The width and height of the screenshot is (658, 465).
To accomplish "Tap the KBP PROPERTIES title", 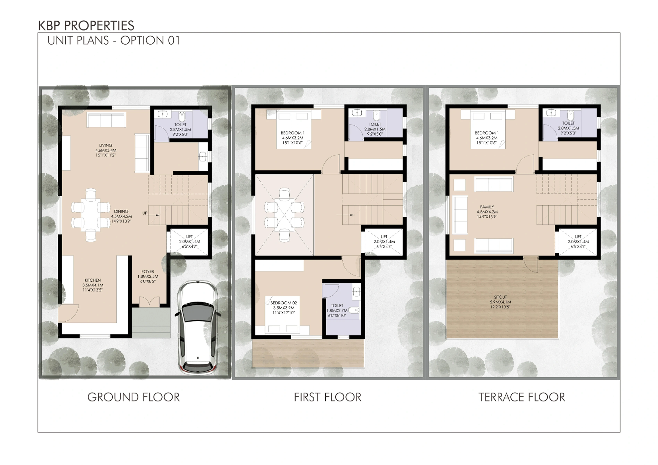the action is tap(86, 26).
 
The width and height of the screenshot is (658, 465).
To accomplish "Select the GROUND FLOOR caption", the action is tap(134, 397).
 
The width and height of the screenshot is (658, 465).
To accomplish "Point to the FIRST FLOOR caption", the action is tap(328, 397).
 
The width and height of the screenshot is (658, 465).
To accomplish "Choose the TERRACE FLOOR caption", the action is tap(522, 397).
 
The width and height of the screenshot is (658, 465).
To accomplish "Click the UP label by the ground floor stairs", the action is tap(145, 213).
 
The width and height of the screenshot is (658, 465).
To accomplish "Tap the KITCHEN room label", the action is tap(93, 280).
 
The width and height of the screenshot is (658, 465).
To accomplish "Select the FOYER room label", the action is tap(148, 272).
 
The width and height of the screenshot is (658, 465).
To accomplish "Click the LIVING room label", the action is tap(106, 145).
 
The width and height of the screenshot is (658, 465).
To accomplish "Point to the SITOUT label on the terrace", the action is tap(500, 297).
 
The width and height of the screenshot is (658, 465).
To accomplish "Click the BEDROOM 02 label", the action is tap(284, 303).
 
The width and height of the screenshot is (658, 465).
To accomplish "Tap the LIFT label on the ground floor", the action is tap(190, 237).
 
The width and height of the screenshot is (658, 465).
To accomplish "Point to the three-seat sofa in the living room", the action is tap(106, 120).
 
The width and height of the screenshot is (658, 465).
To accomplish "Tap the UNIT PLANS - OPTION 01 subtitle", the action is tap(114, 40).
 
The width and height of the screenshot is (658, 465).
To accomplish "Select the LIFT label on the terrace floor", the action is tap(578, 237).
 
